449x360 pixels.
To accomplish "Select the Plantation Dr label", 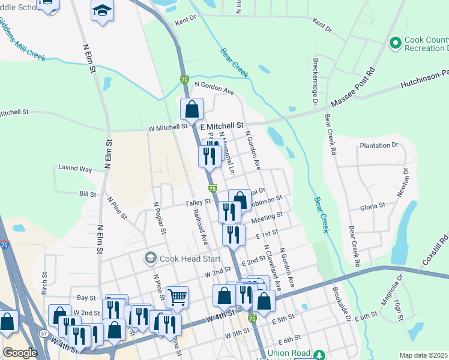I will point(378,146).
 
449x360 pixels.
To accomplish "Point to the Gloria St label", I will point(372,205).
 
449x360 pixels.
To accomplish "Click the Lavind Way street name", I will point(75,169).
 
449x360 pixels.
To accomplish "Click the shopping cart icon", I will point(177,296).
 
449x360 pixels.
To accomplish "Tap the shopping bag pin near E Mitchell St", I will point(191,109).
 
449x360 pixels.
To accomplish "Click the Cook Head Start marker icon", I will point(150,259).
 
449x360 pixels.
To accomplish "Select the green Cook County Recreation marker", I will point(395,43).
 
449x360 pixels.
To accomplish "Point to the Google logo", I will point(20,352).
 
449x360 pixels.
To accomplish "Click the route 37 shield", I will point(43,333).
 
